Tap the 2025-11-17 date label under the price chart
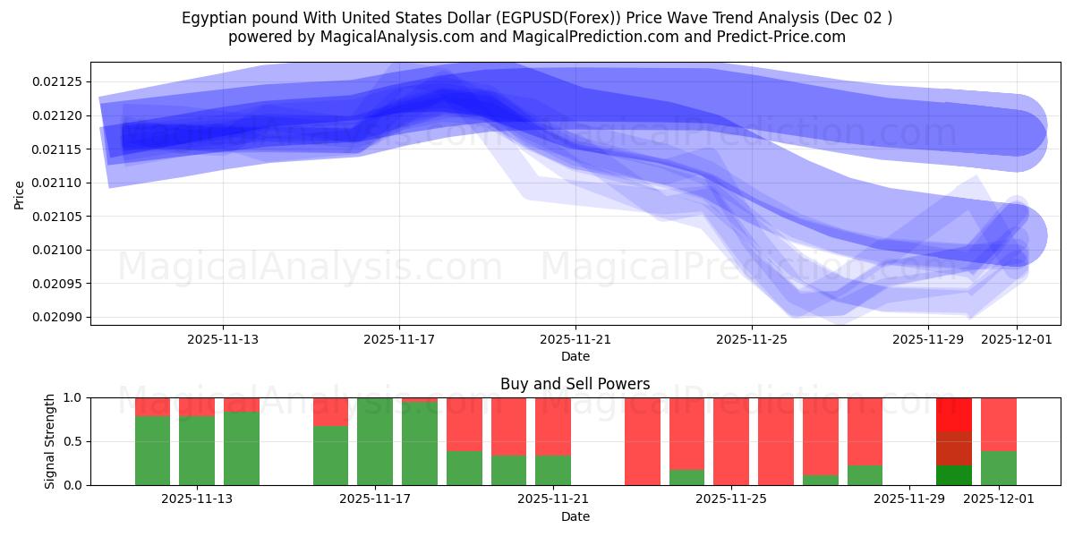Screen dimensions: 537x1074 pyautogui.click(x=399, y=339)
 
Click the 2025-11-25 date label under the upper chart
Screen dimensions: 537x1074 pyautogui.click(x=752, y=339)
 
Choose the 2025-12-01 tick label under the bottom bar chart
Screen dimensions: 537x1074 pyautogui.click(x=997, y=499)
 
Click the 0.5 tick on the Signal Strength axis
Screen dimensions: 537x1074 pyautogui.click(x=74, y=441)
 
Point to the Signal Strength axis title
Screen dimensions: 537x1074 pyautogui.click(x=50, y=440)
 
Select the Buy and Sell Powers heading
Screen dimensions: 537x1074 pyautogui.click(x=575, y=384)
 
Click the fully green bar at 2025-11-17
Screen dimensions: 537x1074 pyautogui.click(x=375, y=441)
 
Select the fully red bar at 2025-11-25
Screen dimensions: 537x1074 pyautogui.click(x=731, y=441)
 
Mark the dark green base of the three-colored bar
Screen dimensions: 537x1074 pyautogui.click(x=953, y=475)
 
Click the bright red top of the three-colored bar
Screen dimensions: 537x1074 pyautogui.click(x=953, y=414)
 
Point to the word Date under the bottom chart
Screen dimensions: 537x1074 pyautogui.click(x=575, y=516)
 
